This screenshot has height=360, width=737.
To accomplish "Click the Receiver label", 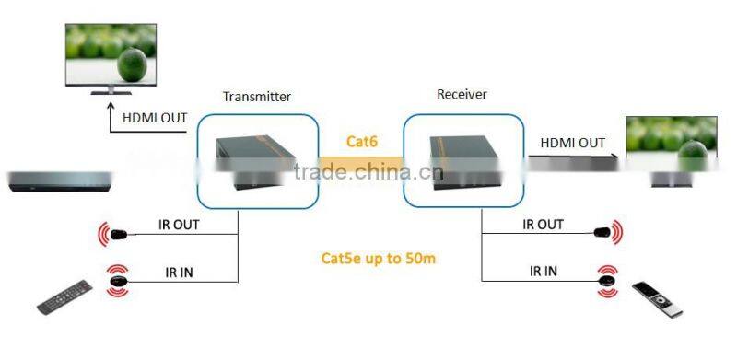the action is [462, 94].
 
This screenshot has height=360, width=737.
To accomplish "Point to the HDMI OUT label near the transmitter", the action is [154, 117].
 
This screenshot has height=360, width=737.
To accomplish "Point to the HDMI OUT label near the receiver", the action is [572, 143].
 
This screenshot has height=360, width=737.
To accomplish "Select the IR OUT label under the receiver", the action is [543, 224].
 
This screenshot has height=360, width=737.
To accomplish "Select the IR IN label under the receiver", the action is [543, 271].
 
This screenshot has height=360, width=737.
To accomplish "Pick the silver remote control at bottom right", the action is [659, 302].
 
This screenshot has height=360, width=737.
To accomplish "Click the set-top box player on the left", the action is [59, 181].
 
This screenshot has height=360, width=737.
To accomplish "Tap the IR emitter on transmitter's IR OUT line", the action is [118, 235].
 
